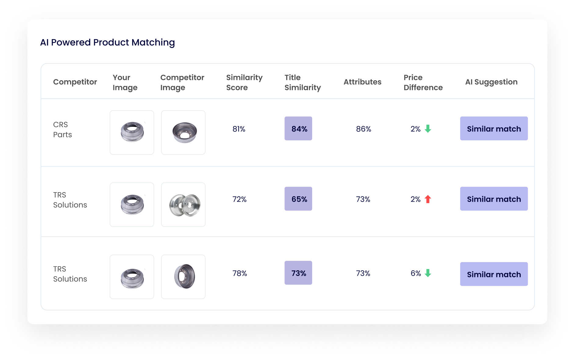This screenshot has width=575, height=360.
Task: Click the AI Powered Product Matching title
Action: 107,42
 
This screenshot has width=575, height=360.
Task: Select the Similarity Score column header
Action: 244,82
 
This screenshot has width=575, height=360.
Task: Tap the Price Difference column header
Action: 423,82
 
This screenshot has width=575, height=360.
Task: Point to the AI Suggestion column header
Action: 491,82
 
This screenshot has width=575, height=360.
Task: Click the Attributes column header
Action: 362,82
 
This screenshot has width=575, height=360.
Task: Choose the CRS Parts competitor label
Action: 62,130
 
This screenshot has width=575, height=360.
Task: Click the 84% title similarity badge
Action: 298,128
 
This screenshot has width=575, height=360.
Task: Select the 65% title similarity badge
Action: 298,199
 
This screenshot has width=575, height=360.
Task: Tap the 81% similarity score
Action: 239,129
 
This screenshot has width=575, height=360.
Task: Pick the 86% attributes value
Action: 363,129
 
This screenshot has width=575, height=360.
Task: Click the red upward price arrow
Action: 428,199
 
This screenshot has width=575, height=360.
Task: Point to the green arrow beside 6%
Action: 428,273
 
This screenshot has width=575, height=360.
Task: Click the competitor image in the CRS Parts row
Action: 183,132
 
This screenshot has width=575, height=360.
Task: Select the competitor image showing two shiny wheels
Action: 183,205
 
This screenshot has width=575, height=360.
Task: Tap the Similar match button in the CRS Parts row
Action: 494,128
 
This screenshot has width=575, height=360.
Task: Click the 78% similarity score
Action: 240,273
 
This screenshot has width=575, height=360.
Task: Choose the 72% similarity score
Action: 239,199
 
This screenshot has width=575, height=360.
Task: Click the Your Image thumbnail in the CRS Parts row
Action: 132,132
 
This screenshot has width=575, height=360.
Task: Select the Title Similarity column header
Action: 302,82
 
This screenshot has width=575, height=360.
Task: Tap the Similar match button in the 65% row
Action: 494,199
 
